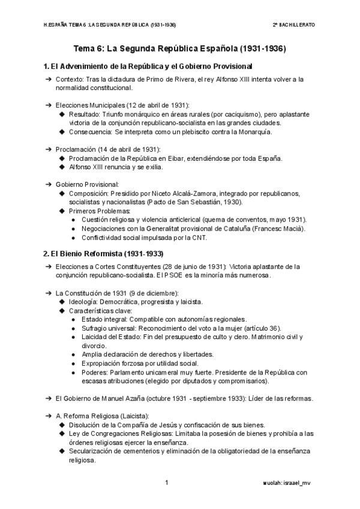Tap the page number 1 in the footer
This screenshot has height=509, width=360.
coord(167,482)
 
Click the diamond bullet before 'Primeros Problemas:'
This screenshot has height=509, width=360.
coord(62,211)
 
